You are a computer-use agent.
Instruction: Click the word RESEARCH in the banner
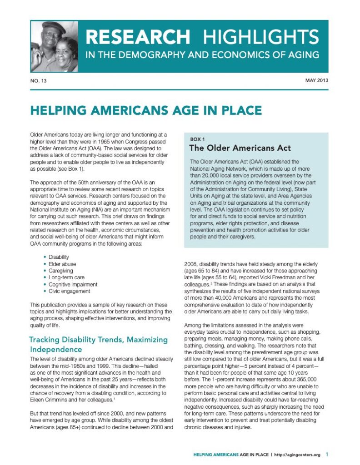click(138, 36)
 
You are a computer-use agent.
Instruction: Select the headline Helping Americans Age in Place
click(146, 110)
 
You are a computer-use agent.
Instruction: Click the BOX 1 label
click(197, 139)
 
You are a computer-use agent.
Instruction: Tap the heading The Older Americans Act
click(240, 148)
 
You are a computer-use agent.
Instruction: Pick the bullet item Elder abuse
click(62, 264)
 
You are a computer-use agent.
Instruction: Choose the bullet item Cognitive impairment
click(73, 284)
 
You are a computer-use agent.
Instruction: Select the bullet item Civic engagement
click(69, 291)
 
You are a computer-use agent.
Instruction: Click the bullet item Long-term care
click(66, 277)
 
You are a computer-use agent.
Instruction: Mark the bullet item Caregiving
click(60, 271)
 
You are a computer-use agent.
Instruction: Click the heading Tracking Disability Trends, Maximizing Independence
click(98, 344)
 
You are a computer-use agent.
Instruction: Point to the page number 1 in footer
click(327, 454)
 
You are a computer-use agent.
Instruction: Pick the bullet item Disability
click(59, 257)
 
